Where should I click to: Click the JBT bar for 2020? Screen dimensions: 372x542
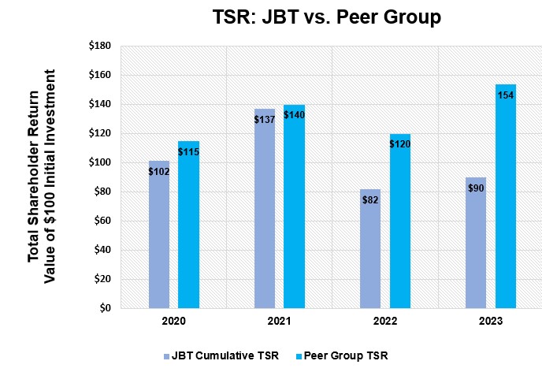point(159,236)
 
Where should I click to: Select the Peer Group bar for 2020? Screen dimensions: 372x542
point(188,229)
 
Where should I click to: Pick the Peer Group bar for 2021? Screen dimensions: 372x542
point(294,209)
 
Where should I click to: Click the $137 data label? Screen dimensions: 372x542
point(264,119)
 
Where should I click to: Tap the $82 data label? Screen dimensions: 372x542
point(370,200)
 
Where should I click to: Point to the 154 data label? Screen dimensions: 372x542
point(506,95)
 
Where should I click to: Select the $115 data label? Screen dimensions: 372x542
point(188,151)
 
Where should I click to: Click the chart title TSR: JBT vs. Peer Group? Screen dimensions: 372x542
point(327,17)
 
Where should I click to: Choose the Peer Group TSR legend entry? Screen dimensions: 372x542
point(347,355)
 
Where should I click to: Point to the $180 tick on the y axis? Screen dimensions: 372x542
point(99,46)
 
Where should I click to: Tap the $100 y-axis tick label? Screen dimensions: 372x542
point(99,162)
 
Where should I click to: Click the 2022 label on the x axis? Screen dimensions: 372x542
point(384,322)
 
